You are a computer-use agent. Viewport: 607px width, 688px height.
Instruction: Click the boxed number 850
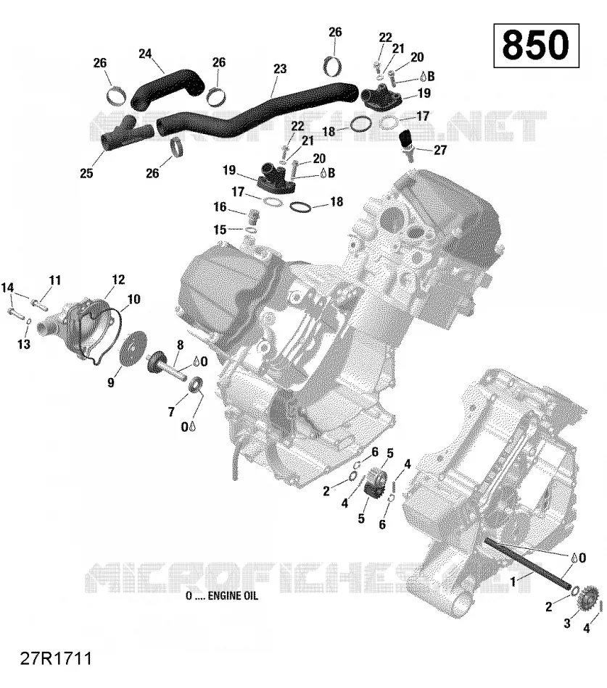click(536, 45)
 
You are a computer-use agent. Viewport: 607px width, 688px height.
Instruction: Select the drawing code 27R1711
click(56, 658)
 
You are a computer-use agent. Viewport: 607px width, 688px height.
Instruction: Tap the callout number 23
click(280, 69)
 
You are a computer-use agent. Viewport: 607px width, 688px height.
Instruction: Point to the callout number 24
click(145, 54)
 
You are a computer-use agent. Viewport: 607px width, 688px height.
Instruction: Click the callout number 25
click(86, 173)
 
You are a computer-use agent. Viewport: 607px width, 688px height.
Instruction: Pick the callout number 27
click(440, 150)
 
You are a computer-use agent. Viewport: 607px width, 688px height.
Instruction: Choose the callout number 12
click(118, 280)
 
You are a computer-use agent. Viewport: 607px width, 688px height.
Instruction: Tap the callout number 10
click(133, 299)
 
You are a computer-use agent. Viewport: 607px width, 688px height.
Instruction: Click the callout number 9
click(111, 382)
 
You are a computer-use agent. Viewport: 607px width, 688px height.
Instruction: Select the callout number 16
click(220, 206)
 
